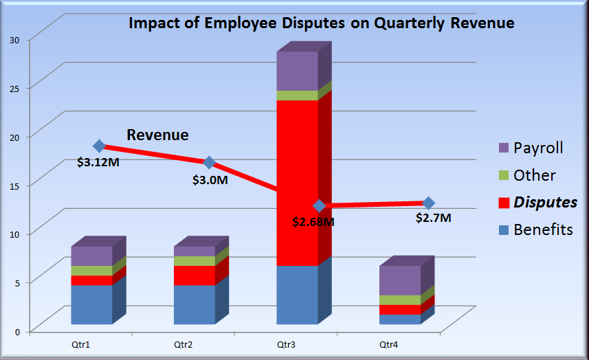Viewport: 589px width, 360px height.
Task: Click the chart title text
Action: [x=322, y=23]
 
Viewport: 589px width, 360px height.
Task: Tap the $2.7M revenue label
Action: [x=433, y=218]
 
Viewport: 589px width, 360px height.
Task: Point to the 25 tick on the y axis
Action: [x=14, y=88]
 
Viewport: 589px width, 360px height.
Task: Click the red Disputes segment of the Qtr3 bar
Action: [x=297, y=182]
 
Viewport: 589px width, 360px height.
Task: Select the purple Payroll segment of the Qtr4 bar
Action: [x=400, y=280]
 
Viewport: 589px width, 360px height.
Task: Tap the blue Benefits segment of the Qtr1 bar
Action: [x=91, y=304]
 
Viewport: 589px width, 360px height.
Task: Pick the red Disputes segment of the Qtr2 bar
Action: [x=194, y=275]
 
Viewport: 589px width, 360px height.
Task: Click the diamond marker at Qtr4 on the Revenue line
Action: [x=429, y=203]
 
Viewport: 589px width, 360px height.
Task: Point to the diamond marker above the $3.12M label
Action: [x=99, y=146]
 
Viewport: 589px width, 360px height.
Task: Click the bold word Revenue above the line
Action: [x=157, y=135]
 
